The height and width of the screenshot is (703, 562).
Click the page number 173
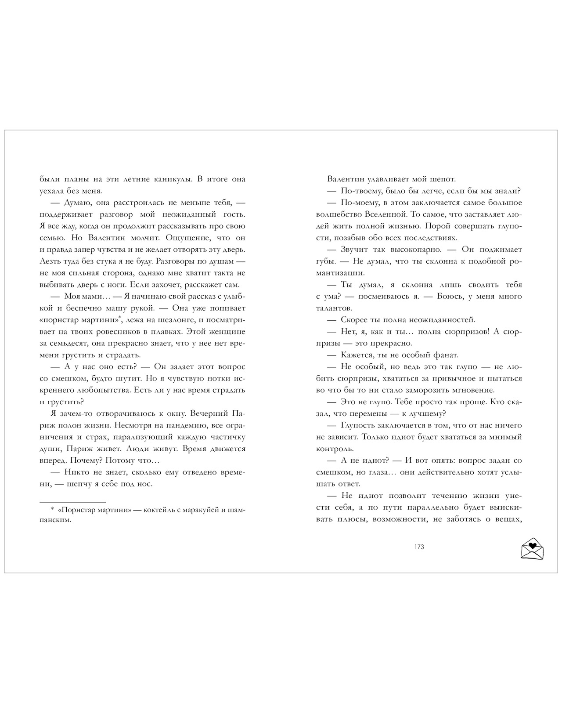click(419, 547)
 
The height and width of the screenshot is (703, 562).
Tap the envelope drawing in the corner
click(532, 549)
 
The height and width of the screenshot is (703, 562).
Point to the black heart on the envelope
click(532, 546)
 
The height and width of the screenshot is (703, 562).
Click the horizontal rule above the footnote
click(73, 502)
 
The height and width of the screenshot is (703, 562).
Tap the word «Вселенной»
click(389, 214)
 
